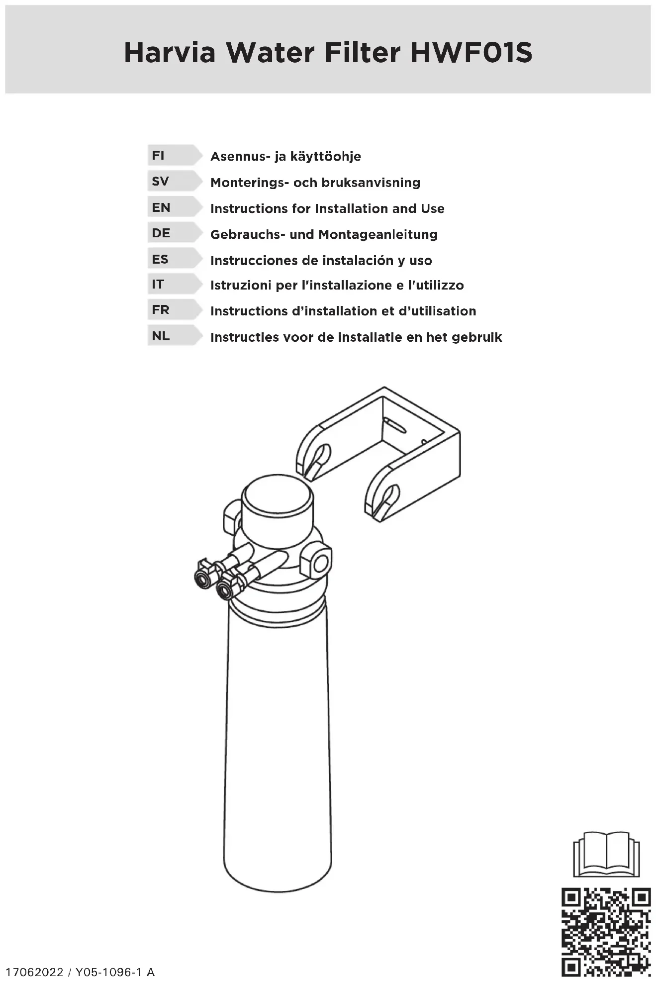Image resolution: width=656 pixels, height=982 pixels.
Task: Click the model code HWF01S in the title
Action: [471, 53]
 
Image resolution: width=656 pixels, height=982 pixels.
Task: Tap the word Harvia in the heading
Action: [170, 53]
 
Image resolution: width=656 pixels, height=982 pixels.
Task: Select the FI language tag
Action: [159, 156]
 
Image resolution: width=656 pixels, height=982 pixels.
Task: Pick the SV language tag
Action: [160, 182]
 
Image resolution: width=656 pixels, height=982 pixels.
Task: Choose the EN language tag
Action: [161, 207]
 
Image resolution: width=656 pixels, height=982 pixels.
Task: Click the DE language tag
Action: [161, 233]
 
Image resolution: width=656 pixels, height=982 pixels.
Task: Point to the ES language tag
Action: [160, 259]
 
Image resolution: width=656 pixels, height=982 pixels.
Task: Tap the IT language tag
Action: [158, 285]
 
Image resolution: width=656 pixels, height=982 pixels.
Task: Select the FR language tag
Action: [161, 310]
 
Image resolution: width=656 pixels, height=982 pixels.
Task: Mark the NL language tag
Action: [161, 336]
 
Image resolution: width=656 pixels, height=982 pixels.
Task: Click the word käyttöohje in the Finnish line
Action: [325, 157]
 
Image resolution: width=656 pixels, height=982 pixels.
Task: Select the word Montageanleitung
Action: [378, 235]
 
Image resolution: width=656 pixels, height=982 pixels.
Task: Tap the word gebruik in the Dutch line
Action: [476, 338]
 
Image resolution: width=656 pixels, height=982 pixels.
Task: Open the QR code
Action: [606, 931]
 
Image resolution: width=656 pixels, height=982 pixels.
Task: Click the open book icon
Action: [606, 854]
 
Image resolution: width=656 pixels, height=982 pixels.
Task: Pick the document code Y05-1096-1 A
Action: [115, 972]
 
